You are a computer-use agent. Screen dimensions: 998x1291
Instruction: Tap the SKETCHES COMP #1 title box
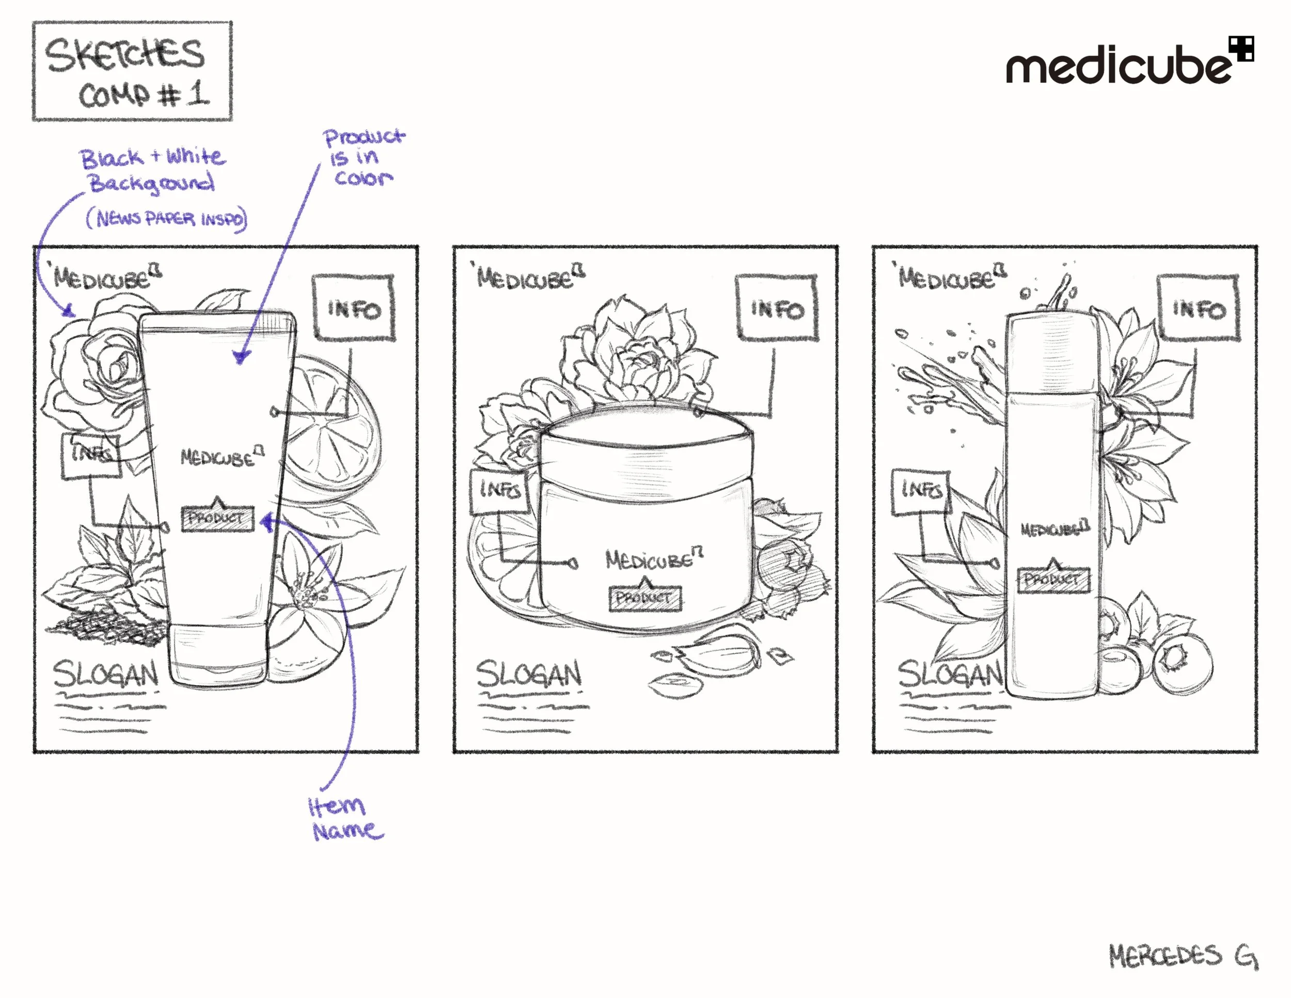click(132, 71)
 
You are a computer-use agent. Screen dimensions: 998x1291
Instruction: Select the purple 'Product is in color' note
click(363, 157)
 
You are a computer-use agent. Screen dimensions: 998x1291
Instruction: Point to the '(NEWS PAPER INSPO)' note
click(167, 219)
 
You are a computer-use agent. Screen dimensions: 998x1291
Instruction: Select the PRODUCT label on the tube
click(217, 519)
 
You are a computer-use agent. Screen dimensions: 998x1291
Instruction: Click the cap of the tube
click(217, 655)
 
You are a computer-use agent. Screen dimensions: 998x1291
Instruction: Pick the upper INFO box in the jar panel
click(777, 308)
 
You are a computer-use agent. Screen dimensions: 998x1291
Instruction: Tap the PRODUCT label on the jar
click(645, 598)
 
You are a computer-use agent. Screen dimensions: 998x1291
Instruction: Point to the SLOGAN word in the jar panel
click(528, 675)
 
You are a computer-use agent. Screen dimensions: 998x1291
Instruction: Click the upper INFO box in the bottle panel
click(1198, 308)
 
